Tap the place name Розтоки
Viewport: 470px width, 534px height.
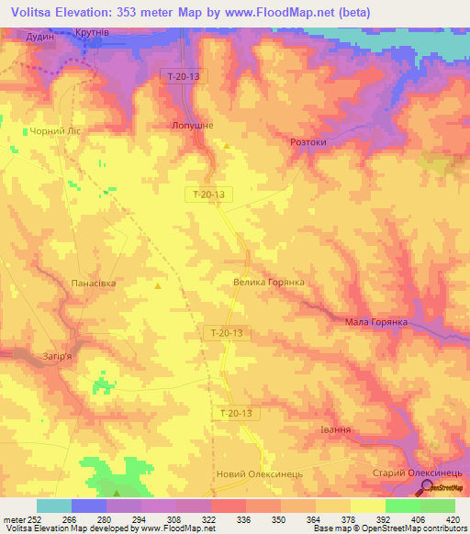click(x=308, y=143)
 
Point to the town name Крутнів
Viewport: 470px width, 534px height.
click(x=94, y=33)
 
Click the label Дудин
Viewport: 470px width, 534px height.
click(x=40, y=36)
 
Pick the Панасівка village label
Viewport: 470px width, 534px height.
click(x=94, y=284)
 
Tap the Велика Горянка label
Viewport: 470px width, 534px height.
click(x=268, y=283)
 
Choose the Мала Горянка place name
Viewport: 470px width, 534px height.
click(x=376, y=322)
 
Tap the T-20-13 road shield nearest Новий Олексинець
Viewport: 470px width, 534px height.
click(x=241, y=414)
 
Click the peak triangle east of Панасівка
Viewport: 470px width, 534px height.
click(x=158, y=286)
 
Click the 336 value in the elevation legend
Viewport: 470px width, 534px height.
click(x=245, y=518)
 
